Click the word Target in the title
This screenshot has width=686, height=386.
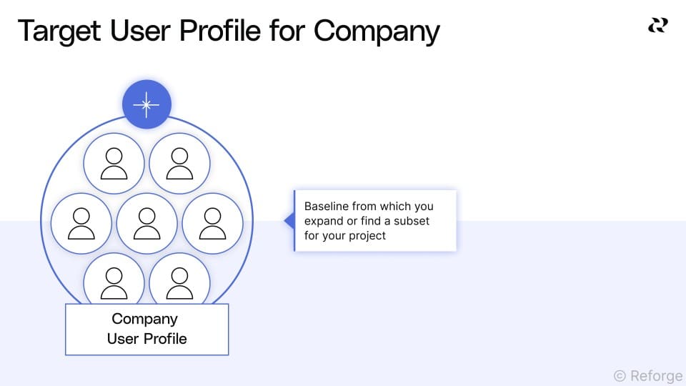click(57, 31)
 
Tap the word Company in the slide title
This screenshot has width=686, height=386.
click(376, 31)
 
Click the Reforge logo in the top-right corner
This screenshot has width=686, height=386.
click(657, 26)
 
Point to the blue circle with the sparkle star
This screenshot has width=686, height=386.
click(146, 104)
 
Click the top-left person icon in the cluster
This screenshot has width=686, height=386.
click(114, 164)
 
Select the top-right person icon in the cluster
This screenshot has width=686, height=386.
click(179, 164)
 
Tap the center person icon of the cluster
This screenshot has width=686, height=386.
click(146, 223)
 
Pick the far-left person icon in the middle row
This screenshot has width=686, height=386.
click(81, 223)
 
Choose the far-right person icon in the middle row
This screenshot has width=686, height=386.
click(212, 223)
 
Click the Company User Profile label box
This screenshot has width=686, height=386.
click(146, 329)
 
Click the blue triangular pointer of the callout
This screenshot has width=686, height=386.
click(289, 220)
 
